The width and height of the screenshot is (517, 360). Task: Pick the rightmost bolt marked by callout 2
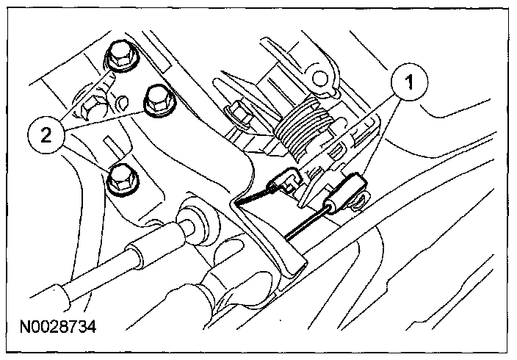pyautogui.click(x=157, y=100)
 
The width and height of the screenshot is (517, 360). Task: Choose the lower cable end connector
pyautogui.click(x=345, y=190)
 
